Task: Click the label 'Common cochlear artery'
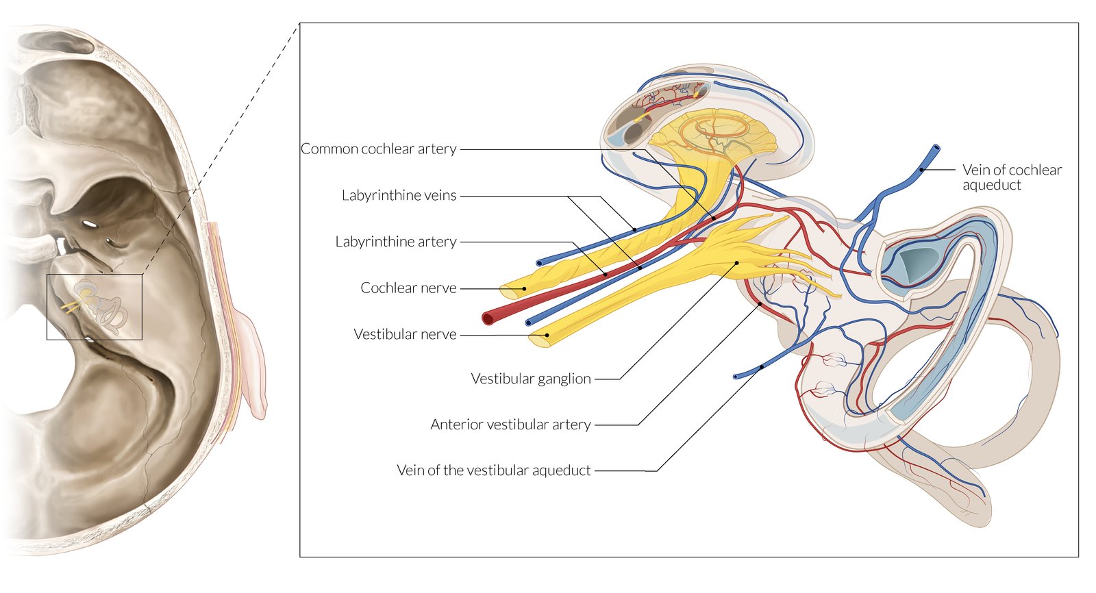378,149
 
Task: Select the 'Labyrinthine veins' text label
399,195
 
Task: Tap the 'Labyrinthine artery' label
395,242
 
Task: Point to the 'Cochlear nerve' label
408,288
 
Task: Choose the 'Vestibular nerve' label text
405,334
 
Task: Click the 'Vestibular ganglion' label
531,379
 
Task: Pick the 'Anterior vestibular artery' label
510,425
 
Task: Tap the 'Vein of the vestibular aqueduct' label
493,470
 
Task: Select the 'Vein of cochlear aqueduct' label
1011,177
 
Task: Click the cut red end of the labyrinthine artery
488,318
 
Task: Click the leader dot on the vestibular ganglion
737,263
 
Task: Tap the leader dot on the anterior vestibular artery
760,304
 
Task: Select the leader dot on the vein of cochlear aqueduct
922,169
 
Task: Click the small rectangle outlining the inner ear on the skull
95,307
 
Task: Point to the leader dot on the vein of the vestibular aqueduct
761,367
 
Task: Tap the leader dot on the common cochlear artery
714,218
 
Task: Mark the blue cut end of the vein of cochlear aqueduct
936,148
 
